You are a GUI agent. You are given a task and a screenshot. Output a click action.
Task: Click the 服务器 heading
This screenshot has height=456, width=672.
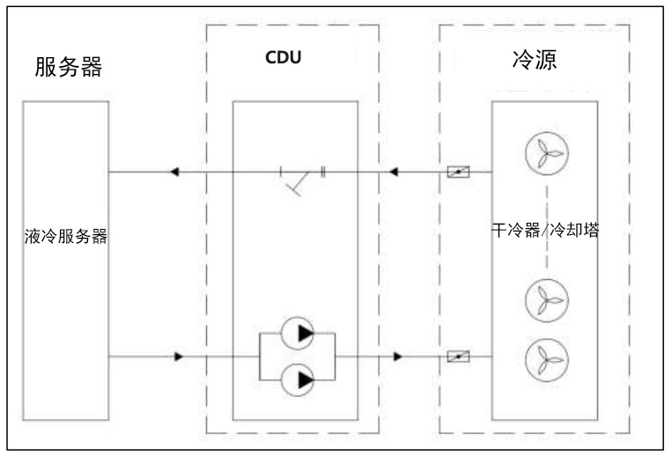pos(68,66)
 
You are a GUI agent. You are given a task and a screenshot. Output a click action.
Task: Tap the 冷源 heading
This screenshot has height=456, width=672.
pos(534,61)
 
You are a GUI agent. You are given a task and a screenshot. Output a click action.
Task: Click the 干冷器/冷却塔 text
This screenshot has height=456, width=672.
pos(545,232)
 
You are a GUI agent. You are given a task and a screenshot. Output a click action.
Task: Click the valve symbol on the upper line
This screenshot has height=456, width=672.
pos(458,171)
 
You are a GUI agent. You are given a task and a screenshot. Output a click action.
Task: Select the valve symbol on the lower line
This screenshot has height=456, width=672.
pos(458,357)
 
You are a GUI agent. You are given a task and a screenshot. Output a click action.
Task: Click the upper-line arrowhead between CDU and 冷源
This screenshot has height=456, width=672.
pos(396,171)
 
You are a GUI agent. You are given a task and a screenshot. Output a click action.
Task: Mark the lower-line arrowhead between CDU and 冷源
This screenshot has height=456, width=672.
pos(398,357)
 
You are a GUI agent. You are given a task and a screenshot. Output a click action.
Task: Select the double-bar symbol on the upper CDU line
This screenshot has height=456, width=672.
pos(323,171)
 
